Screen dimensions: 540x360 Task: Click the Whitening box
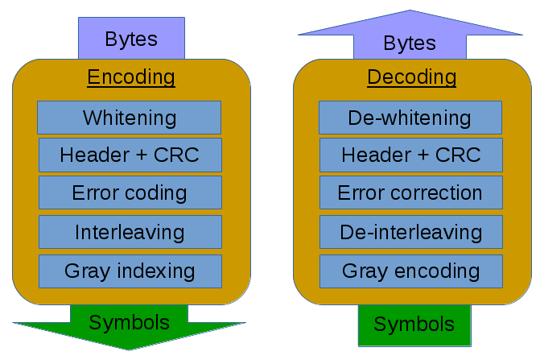(x=129, y=118)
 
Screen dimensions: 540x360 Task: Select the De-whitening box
(x=410, y=118)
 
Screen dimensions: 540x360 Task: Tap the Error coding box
(x=130, y=192)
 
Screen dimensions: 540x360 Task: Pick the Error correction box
(x=411, y=192)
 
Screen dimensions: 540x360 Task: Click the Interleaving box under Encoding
(x=130, y=232)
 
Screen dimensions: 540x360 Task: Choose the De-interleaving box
(x=411, y=232)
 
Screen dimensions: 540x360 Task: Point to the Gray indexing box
(x=130, y=271)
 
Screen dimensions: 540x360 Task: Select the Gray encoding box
(x=411, y=271)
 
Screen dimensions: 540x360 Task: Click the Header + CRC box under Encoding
(x=130, y=155)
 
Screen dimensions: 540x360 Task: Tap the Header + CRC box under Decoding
(x=411, y=155)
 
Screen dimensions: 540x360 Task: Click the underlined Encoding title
(x=131, y=77)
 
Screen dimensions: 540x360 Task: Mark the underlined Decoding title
(x=412, y=77)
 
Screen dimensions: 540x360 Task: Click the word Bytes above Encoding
(x=131, y=39)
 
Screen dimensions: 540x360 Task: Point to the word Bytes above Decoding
(x=410, y=43)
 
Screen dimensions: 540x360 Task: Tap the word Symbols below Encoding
(x=129, y=323)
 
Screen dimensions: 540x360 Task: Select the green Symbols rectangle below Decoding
(x=414, y=325)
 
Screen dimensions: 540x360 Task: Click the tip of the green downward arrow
(x=129, y=350)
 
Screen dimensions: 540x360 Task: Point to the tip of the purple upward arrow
(x=410, y=10)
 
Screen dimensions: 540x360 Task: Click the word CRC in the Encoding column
(x=176, y=155)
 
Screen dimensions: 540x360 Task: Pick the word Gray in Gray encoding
(x=365, y=271)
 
